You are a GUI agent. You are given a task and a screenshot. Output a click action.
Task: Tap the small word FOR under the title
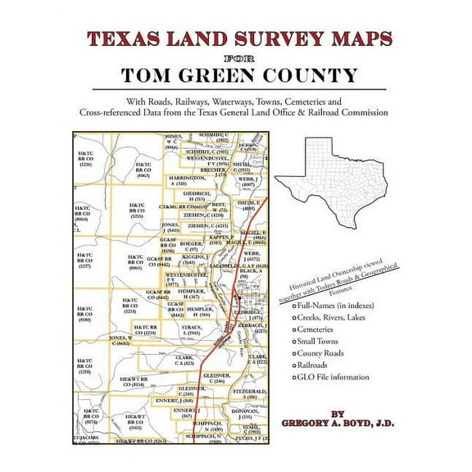click(236, 58)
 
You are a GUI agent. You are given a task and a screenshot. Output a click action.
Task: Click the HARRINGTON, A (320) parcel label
click(188, 181)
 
